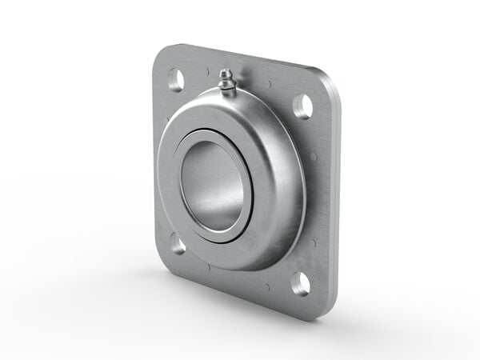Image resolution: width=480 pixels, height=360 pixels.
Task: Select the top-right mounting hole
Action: (x=302, y=106)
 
